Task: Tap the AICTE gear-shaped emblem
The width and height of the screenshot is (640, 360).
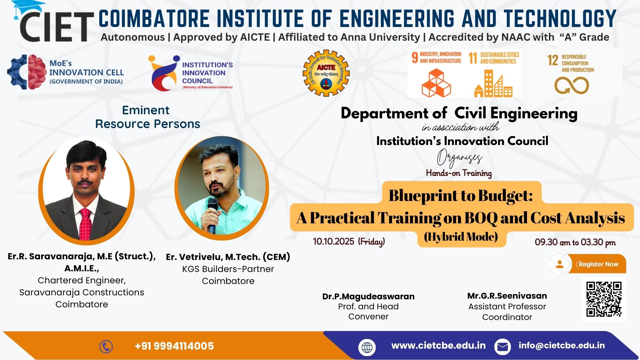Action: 326,73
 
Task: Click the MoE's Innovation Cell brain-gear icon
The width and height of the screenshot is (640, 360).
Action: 27,72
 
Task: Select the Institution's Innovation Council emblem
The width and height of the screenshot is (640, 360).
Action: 164,73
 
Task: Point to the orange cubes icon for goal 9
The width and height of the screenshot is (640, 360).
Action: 436,83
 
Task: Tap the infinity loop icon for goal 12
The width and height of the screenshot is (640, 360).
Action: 571,85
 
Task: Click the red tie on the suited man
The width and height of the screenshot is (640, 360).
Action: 86,224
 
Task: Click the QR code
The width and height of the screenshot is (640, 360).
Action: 604,299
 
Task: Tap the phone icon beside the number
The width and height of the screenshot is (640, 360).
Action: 106,347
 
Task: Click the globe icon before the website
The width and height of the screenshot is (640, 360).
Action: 367,347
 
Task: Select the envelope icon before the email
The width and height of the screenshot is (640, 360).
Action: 502,347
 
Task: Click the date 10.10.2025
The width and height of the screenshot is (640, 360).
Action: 334,241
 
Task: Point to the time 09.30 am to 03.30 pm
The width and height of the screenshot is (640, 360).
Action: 575,242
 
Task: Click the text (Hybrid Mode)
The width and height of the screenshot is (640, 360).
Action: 461,237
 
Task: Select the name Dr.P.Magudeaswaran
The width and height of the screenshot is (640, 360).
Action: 368,296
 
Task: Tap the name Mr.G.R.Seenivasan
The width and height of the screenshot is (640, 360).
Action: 507,296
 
